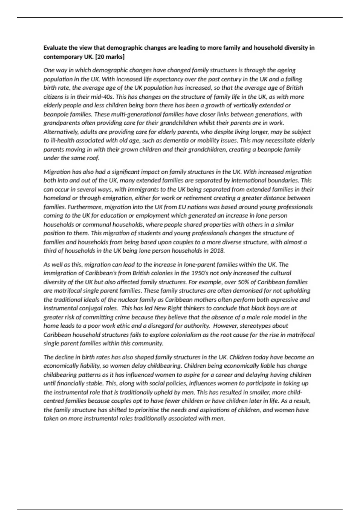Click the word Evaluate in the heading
click(55, 48)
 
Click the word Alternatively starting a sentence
click(61, 132)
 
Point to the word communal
click(97, 224)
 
